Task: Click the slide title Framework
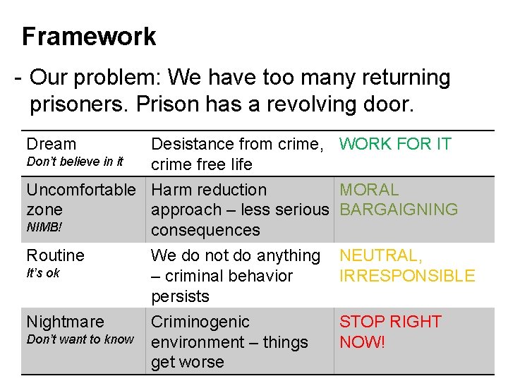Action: coord(89,37)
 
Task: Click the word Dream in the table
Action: coord(51,144)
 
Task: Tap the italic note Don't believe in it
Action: coord(74,162)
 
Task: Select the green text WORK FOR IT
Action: coord(395,144)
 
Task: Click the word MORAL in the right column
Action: coord(369,190)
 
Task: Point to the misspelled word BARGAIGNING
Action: coord(399,210)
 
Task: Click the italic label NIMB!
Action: coord(44,227)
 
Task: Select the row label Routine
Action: coord(55,255)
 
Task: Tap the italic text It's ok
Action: coord(43,273)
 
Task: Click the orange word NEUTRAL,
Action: coord(381,255)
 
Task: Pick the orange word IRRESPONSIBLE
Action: coord(407,276)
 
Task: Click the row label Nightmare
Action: coord(65,322)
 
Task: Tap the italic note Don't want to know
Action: coord(80,339)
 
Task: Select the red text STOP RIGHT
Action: coord(390,322)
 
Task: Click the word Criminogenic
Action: coord(200,322)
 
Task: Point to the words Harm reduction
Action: coord(209,190)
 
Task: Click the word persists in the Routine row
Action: coord(180,296)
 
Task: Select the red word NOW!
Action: coord(363,342)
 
